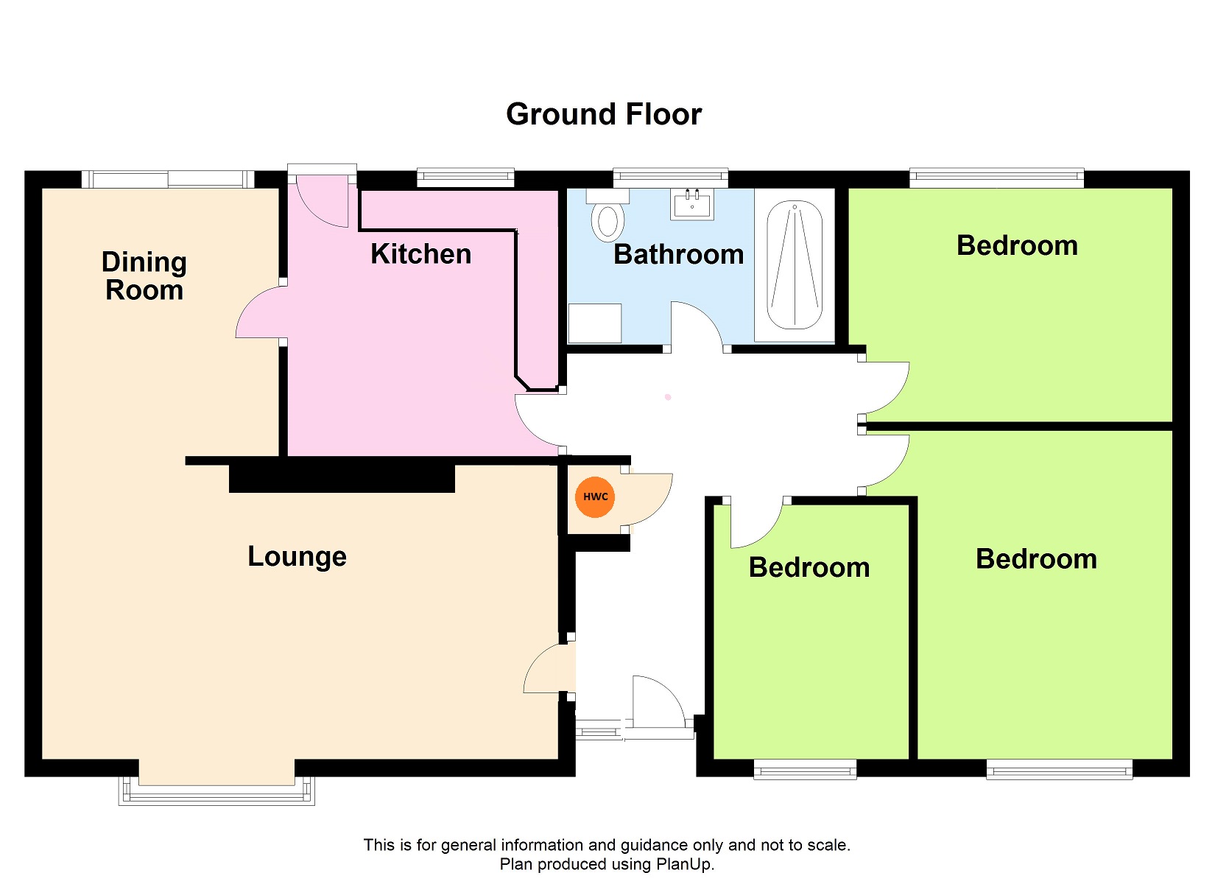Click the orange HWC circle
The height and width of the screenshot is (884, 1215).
coord(595,497)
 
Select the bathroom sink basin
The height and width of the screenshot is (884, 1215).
coord(691,204)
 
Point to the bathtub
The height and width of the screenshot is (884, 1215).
coord(795,265)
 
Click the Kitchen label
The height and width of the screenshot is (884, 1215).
coord(421,254)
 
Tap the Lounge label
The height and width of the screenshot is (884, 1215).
coord(297,558)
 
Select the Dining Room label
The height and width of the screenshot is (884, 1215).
coord(144,276)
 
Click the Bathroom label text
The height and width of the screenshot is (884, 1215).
coord(678,254)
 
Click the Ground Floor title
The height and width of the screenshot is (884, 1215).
coord(604,114)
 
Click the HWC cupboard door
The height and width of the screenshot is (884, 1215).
coord(647,499)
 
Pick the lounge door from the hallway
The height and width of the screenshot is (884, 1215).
coord(549,668)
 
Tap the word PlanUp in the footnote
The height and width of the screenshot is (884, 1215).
coord(685,864)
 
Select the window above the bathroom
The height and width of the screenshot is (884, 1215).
coord(670,176)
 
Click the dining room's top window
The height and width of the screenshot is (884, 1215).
coord(168,178)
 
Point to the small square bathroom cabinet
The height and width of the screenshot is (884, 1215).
coord(594,323)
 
